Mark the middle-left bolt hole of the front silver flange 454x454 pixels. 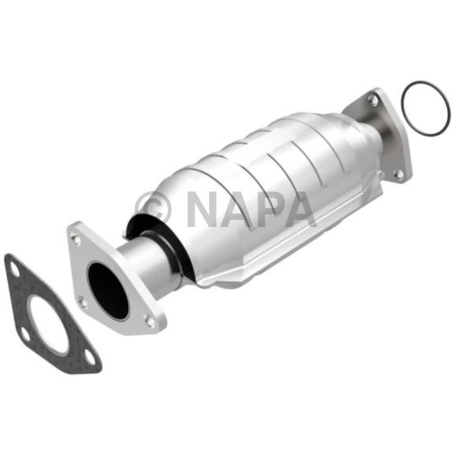[82, 300]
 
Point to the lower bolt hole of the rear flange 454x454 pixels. [399, 174]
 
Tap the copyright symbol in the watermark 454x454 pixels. [154, 208]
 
